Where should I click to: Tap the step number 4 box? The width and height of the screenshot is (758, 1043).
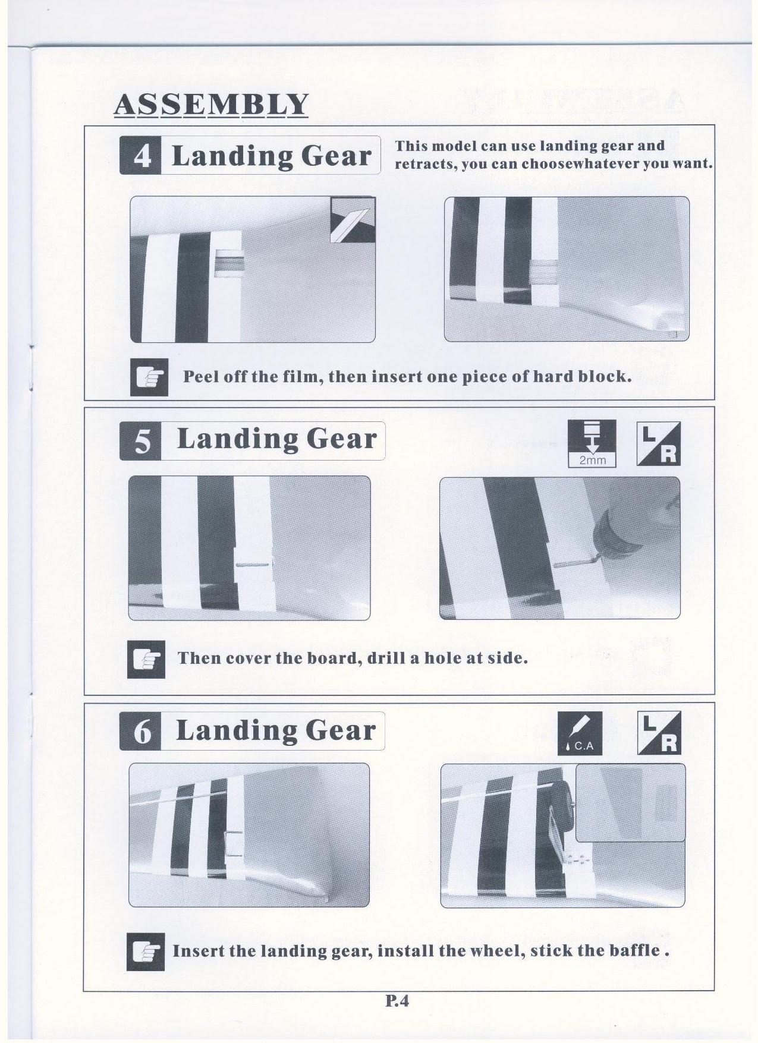click(x=140, y=156)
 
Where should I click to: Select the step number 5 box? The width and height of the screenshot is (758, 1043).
click(x=140, y=441)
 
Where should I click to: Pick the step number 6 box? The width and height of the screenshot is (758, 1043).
click(x=140, y=731)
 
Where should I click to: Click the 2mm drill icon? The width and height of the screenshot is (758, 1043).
click(x=592, y=443)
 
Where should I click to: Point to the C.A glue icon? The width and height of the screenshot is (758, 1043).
click(x=580, y=733)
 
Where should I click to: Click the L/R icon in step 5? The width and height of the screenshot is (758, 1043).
click(x=659, y=444)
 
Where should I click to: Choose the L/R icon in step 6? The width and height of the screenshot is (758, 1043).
click(x=659, y=733)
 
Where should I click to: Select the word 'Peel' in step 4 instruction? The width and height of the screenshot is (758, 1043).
click(x=199, y=377)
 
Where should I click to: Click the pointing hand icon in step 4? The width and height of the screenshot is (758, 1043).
click(x=149, y=377)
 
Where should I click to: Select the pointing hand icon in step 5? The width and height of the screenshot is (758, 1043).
click(x=146, y=659)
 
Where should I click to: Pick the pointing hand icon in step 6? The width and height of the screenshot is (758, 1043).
click(x=146, y=952)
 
